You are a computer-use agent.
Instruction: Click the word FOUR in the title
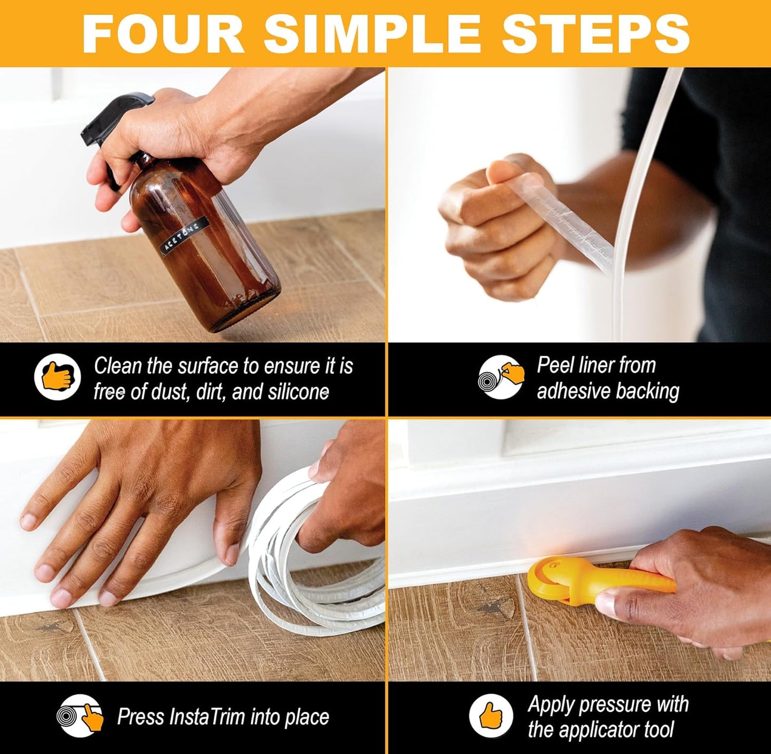coord(163,34)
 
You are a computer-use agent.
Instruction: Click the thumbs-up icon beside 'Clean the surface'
coord(57,376)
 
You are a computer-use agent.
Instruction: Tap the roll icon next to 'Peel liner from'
coord(500,376)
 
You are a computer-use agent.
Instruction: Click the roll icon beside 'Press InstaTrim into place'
coord(80,716)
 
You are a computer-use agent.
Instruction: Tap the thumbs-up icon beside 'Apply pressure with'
coord(491,716)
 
